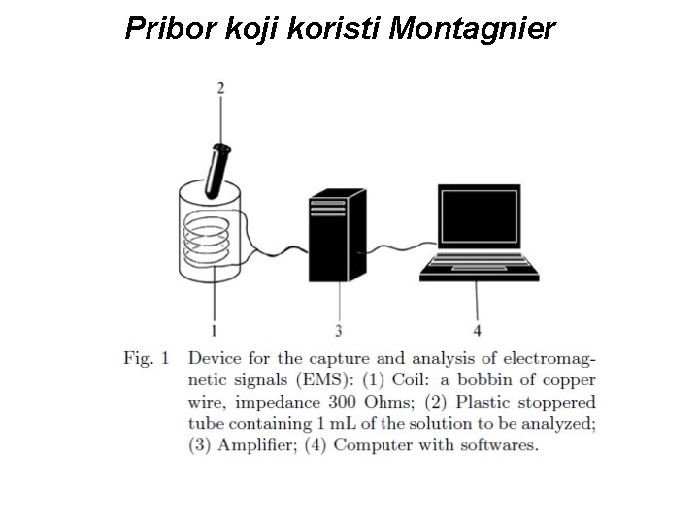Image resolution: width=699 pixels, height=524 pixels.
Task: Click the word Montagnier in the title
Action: [472, 29]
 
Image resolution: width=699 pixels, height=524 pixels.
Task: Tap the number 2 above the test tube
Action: [220, 88]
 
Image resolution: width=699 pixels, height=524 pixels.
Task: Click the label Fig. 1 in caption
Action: [146, 359]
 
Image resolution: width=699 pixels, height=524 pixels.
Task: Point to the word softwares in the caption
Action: [502, 445]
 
